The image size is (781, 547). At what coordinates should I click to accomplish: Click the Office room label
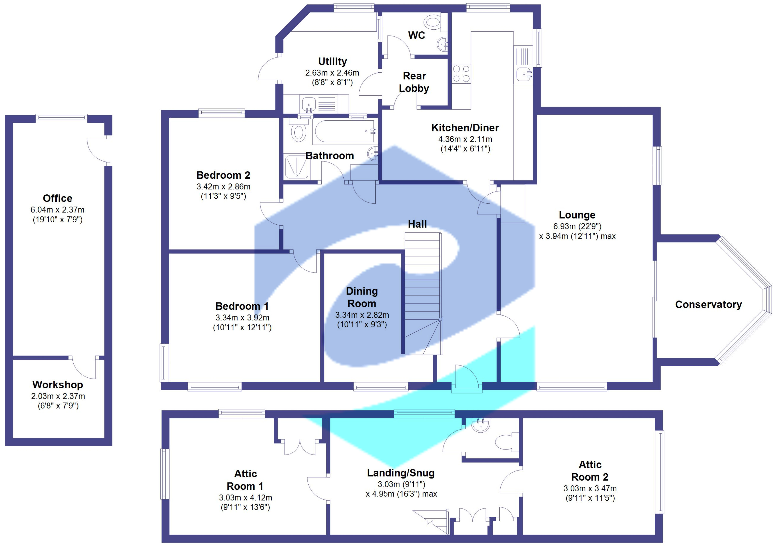pos(58,198)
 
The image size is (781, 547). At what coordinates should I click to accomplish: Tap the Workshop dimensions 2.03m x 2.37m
pos(58,396)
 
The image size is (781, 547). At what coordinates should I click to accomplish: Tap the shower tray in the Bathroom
pos(297,167)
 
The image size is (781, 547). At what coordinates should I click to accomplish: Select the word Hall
pos(417,224)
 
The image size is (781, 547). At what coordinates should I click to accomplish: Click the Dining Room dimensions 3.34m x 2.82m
pos(362,315)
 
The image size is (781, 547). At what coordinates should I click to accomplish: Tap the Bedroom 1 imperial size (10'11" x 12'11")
pos(242,327)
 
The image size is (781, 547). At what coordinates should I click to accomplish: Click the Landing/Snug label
pos(401,473)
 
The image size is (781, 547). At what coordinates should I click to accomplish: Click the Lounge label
pos(577,215)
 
